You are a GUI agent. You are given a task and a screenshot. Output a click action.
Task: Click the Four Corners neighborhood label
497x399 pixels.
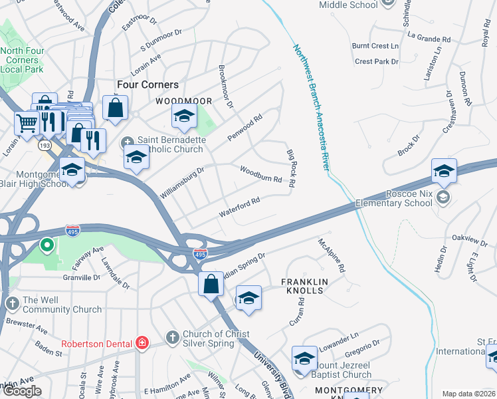[x=148, y=84]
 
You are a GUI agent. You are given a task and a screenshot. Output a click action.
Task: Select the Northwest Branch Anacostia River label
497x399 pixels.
[x=312, y=106]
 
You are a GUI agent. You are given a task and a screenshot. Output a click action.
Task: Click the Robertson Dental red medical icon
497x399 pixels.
[x=142, y=343]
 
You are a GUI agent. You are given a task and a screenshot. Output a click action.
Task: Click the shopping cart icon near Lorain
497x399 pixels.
[x=27, y=122]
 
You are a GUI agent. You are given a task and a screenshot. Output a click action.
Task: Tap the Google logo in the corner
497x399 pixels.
[x=21, y=391]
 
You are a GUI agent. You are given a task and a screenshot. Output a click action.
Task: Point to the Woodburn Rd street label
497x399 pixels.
[x=261, y=174]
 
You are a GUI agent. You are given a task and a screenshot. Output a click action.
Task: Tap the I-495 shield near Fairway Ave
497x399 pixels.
[x=73, y=231]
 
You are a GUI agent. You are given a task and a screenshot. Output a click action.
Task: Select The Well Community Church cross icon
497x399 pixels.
[x=13, y=304]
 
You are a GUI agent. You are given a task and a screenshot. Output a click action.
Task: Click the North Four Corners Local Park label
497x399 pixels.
[x=23, y=60]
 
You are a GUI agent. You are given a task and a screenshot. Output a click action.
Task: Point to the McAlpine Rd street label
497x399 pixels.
[x=332, y=256]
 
